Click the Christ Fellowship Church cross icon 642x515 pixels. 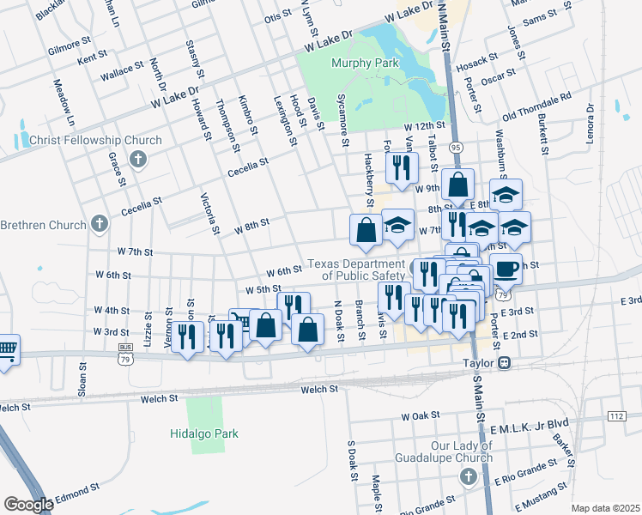click(137, 159)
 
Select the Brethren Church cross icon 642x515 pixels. click(100, 225)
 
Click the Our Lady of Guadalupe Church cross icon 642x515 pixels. click(468, 476)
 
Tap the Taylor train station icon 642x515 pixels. click(506, 363)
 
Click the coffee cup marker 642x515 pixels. click(506, 268)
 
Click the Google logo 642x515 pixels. click(28, 505)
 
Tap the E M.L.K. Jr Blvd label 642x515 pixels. click(530, 423)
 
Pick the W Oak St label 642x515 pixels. click(421, 416)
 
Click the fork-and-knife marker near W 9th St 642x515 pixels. click(402, 167)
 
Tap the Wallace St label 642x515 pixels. click(121, 69)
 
